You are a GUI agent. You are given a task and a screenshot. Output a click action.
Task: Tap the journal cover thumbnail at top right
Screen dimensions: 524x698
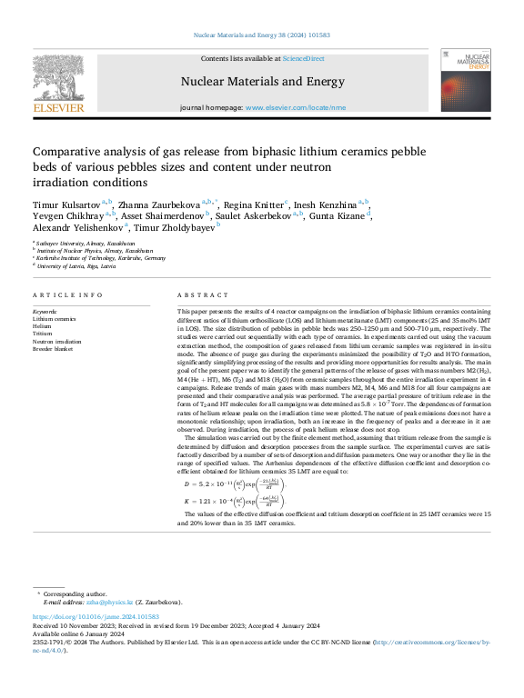click(x=466, y=81)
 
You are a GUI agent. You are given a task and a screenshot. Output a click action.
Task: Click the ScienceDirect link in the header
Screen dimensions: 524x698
click(x=303, y=57)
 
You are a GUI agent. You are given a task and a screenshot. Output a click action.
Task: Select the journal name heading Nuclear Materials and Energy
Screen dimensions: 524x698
click(x=260, y=81)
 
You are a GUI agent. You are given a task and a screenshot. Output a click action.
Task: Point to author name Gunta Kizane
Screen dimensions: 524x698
click(x=339, y=215)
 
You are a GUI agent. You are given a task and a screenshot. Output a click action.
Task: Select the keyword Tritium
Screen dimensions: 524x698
click(x=44, y=334)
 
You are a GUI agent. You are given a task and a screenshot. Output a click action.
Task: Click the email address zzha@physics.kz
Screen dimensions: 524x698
click(x=110, y=603)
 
